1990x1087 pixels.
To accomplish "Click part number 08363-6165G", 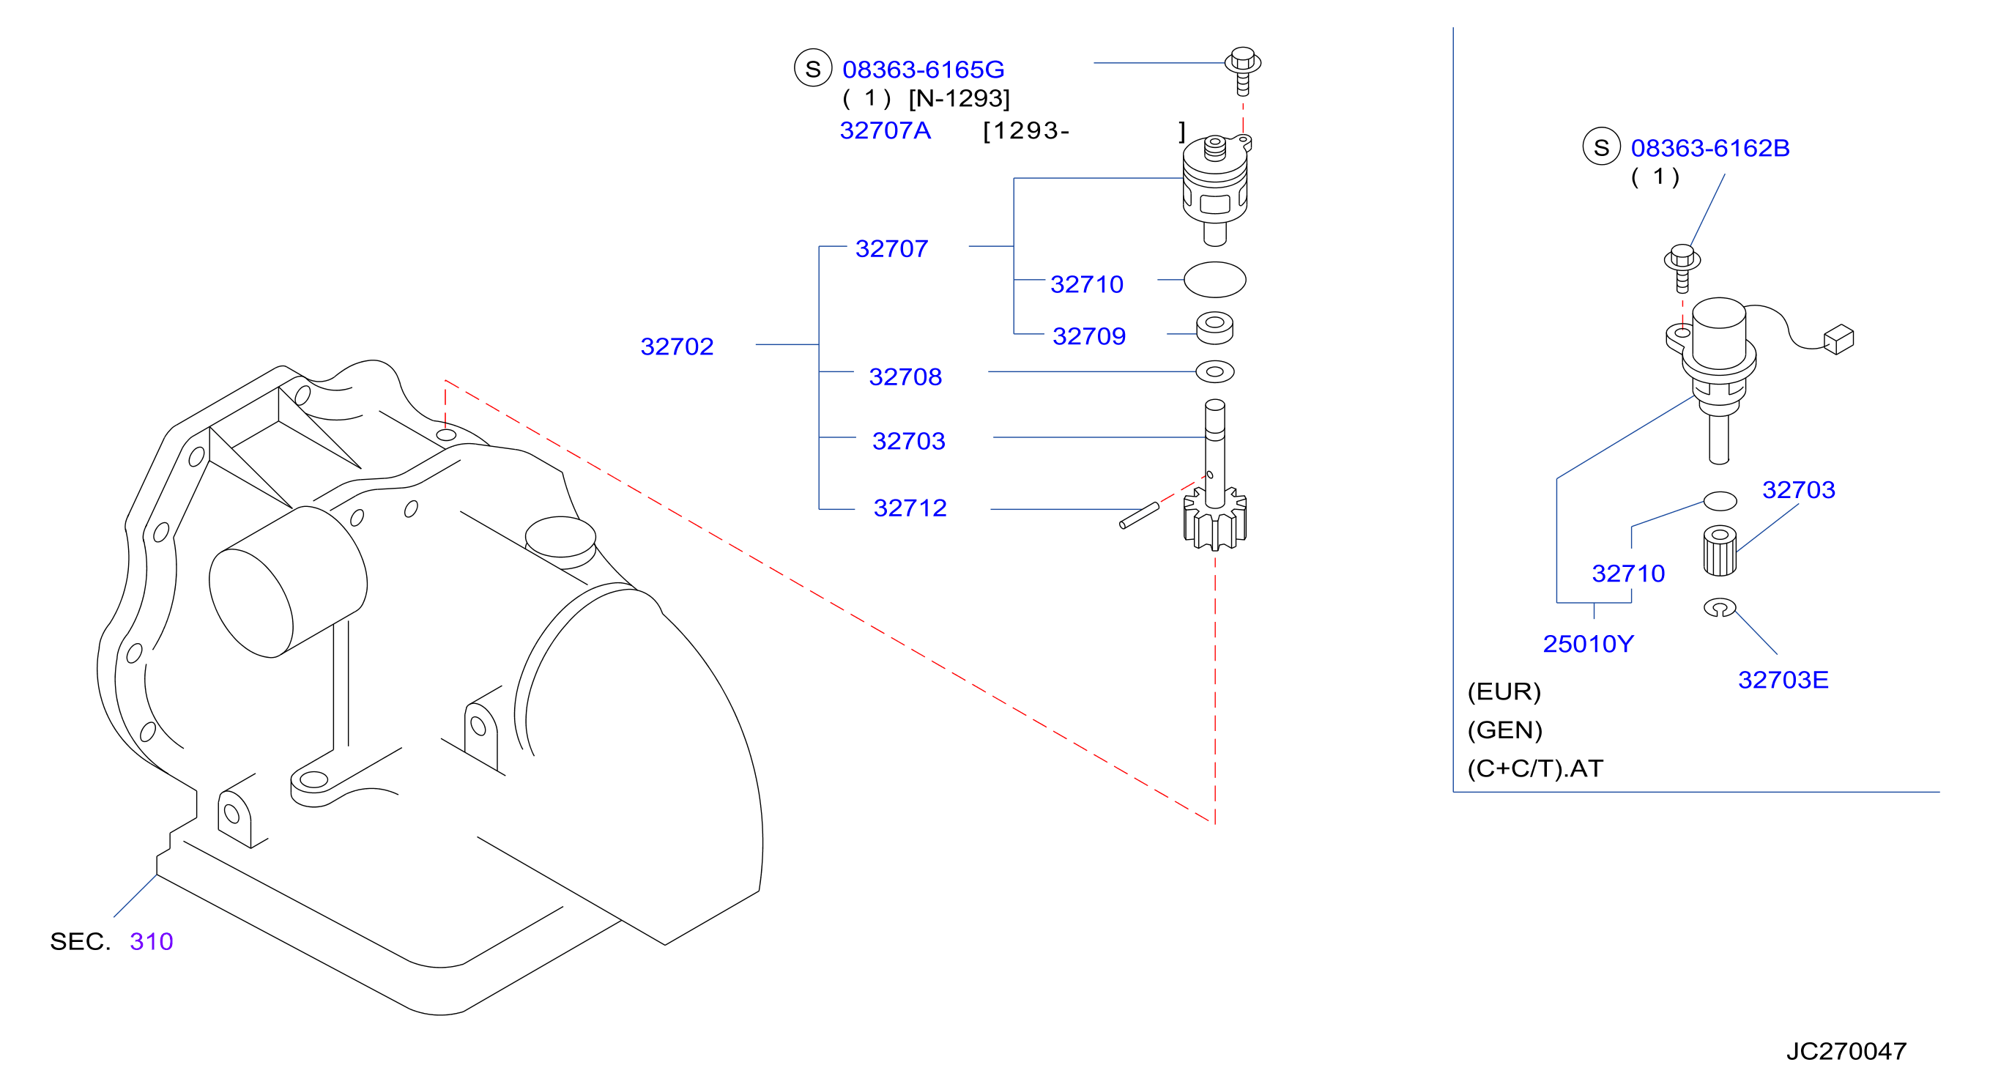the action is tap(922, 70).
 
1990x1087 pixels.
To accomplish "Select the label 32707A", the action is tap(886, 130).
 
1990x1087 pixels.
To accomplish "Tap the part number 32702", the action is tap(677, 346).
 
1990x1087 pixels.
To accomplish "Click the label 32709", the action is tap(1088, 336).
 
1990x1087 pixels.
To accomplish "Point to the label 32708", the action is tap(905, 377).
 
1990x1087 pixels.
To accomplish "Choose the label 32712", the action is tap(910, 508).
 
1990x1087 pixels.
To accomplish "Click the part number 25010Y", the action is tap(1589, 644).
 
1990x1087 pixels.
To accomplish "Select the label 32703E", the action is tap(1783, 680).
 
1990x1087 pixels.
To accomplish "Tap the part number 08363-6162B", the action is tap(1710, 147).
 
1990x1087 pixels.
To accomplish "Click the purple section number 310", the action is tap(152, 941).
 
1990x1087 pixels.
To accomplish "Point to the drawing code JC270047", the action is tap(1846, 1051).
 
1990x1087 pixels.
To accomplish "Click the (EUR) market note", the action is tap(1504, 691).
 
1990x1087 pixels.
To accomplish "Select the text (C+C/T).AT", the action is tap(1535, 768).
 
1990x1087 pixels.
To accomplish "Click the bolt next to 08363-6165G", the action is tap(1242, 70).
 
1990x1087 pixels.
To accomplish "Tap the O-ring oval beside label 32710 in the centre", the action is tap(1214, 280).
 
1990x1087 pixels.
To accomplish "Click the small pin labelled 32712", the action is tap(1140, 516).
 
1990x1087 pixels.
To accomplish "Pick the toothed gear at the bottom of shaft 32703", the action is tap(1214, 519).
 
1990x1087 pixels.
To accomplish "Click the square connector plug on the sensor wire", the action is tap(1838, 339).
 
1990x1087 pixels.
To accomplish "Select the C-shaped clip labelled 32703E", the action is tap(1720, 607).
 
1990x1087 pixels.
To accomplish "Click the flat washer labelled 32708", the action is tap(1214, 371).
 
